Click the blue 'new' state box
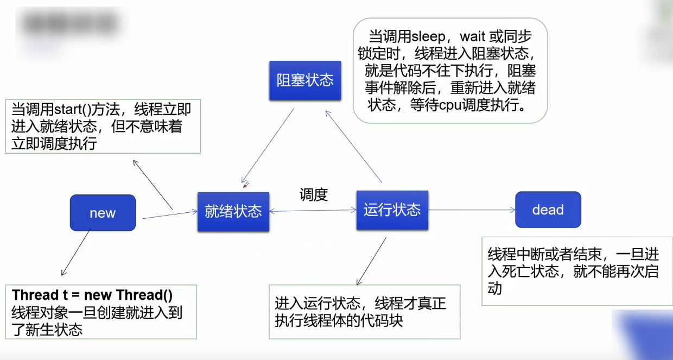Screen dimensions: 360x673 103,213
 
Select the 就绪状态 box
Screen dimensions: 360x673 233,211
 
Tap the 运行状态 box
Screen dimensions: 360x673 392,210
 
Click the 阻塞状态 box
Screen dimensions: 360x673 305,80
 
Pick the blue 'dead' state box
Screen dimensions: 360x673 548,210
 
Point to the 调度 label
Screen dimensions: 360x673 314,195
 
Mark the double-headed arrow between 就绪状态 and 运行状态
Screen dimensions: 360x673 313,211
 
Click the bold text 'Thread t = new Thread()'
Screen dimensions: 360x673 92,295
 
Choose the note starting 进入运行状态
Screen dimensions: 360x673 364,311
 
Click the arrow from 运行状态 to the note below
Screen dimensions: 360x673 371,261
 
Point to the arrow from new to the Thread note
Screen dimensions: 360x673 76,252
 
